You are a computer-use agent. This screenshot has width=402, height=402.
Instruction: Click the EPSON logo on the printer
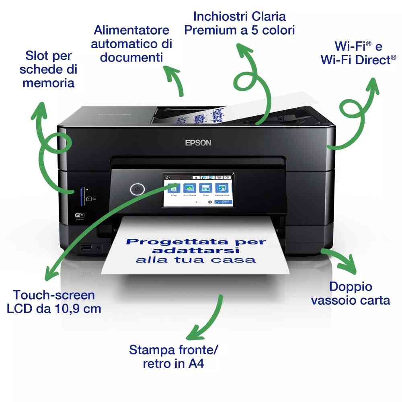[198, 143]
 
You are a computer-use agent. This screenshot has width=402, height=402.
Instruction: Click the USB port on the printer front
[86, 247]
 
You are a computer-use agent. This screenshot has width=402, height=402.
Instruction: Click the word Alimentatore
[126, 30]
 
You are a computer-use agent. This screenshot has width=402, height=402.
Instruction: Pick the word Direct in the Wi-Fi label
[367, 60]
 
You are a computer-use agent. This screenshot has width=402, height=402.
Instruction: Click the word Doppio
[351, 287]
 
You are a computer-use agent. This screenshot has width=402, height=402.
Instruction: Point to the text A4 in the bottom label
[196, 364]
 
